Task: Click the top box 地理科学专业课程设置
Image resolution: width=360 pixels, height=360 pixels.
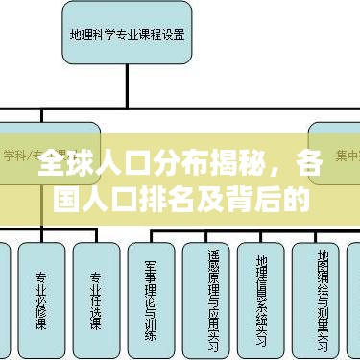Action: [x=128, y=36]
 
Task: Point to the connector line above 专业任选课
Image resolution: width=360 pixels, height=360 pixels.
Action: [x=96, y=229]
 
